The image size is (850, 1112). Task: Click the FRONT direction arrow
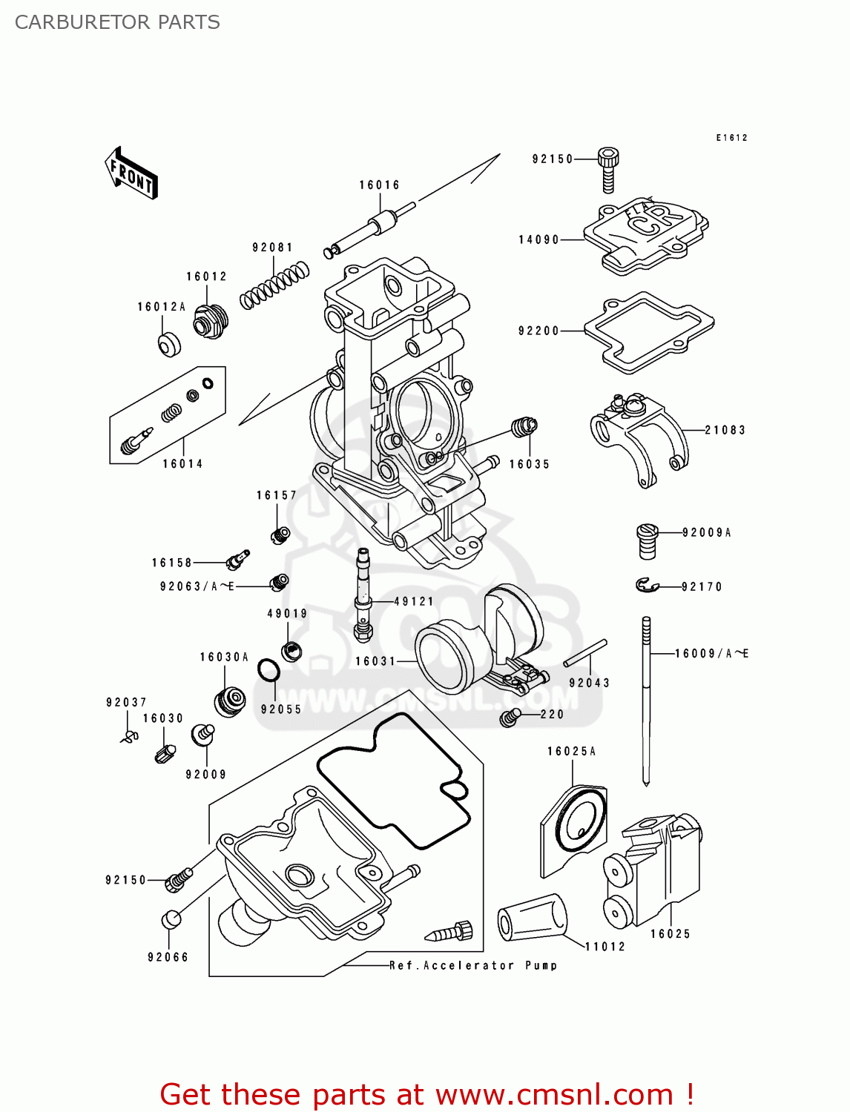click(x=131, y=173)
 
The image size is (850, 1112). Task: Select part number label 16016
click(x=379, y=185)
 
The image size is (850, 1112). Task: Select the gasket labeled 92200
click(x=648, y=331)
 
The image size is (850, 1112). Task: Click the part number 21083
click(x=725, y=430)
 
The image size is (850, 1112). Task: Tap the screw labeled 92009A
click(x=648, y=540)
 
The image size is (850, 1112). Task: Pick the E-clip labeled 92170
click(x=647, y=586)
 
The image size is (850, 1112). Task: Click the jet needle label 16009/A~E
click(x=711, y=654)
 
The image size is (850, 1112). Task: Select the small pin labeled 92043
click(x=585, y=653)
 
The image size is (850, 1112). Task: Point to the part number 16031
click(x=375, y=661)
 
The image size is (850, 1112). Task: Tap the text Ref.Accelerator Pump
click(x=473, y=965)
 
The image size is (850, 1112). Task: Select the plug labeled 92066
click(x=171, y=919)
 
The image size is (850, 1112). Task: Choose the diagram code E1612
click(x=731, y=138)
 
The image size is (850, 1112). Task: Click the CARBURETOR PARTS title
click(x=117, y=22)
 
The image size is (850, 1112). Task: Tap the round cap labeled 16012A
click(x=170, y=345)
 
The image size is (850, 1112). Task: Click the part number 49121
click(x=413, y=602)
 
